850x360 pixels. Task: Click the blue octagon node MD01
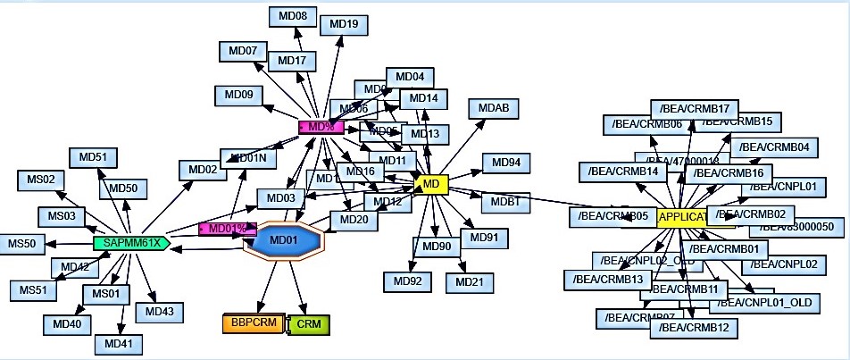click(285, 240)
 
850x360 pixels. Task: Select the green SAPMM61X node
click(130, 242)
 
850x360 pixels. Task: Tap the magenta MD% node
click(321, 127)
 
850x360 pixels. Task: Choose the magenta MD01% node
click(227, 229)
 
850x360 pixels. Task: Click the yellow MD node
click(431, 184)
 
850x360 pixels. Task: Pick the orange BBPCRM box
click(253, 323)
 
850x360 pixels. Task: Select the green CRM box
click(309, 323)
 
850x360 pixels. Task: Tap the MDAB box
click(493, 107)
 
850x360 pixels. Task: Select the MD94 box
click(506, 163)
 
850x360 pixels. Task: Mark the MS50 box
click(21, 243)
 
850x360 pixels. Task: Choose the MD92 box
click(407, 282)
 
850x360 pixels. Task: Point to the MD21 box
click(469, 282)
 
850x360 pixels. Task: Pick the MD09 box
click(238, 94)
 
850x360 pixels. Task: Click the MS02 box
click(38, 180)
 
